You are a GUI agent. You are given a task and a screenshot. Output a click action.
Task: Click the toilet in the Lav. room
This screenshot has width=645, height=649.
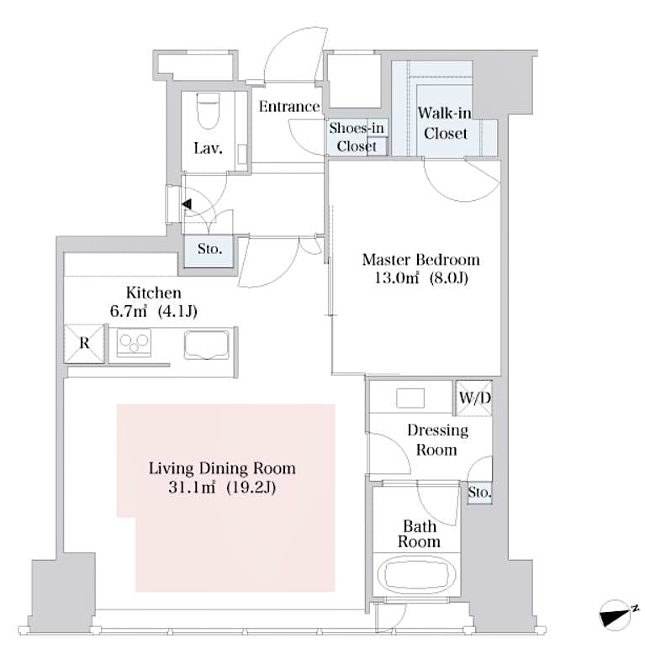coord(207,109)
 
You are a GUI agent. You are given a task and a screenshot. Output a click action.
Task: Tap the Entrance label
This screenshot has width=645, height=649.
coord(289,107)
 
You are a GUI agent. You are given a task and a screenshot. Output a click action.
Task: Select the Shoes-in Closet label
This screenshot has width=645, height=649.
coord(357,136)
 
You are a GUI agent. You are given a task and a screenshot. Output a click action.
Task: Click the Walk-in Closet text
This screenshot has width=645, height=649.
coord(445,123)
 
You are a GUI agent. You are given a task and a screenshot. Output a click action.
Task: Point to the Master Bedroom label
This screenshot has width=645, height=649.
coord(420,259)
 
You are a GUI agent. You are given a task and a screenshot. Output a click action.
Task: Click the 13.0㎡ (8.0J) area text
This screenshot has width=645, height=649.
coord(420,278)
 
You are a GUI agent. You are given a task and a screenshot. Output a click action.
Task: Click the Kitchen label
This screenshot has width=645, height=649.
coord(154,293)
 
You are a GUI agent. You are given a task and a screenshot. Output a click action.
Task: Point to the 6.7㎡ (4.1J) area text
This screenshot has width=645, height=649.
coord(154,312)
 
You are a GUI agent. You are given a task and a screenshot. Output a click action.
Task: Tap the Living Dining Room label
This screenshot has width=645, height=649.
coord(222,468)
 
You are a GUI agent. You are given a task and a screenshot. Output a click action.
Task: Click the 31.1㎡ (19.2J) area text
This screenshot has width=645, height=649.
coord(222,487)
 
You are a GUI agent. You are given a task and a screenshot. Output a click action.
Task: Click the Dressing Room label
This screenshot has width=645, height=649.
coord(437,440)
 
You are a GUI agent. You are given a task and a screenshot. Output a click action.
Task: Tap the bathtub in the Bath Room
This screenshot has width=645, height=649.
coord(419,578)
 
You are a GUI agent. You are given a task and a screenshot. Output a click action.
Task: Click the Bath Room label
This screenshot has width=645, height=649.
coord(419,534)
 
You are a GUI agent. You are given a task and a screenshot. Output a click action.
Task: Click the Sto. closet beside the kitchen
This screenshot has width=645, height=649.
coord(209,250)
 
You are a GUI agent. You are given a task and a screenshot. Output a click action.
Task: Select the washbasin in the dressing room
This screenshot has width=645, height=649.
coord(411,398)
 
